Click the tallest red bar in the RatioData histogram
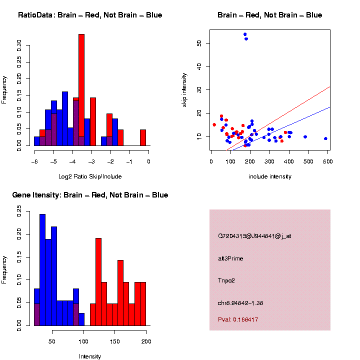click(81, 90)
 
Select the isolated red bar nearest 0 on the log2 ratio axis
click(143, 137)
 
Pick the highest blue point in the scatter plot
click(245, 34)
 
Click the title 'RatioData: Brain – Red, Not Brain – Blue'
click(90, 15)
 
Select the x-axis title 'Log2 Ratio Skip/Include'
click(90, 176)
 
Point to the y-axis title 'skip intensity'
click(184, 89)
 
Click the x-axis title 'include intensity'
click(270, 176)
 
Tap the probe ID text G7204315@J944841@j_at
click(254, 236)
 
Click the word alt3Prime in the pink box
click(230, 258)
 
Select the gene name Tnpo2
click(226, 280)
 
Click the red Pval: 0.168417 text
click(238, 319)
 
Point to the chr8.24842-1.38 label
click(240, 303)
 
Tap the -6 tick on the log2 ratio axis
click(34, 161)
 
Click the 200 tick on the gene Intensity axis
click(146, 341)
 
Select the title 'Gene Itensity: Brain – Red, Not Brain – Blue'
click(90, 195)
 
